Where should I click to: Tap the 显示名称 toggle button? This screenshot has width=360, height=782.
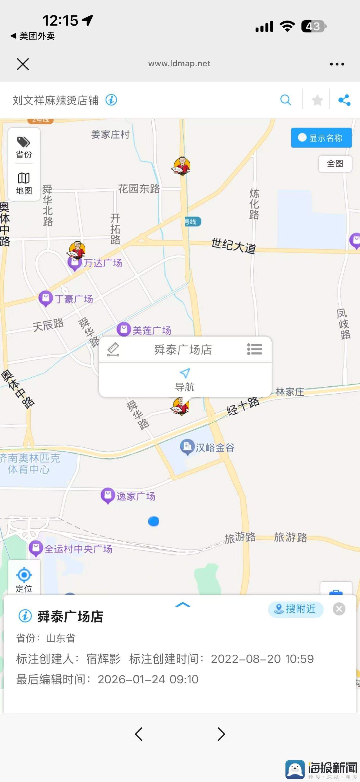click(x=321, y=138)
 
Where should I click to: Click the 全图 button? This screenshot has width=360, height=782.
click(x=335, y=164)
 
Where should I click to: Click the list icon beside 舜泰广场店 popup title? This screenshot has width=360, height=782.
click(x=254, y=349)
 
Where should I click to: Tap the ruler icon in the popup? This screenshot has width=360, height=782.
click(x=114, y=349)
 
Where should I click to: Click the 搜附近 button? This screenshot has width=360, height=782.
click(x=295, y=609)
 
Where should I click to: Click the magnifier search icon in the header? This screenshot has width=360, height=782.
click(x=285, y=100)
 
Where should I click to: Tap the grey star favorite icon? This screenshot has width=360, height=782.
click(x=317, y=100)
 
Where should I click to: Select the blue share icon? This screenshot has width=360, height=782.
click(x=344, y=100)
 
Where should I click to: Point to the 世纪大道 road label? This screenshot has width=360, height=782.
click(x=233, y=245)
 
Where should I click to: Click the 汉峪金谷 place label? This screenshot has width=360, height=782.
click(x=215, y=447)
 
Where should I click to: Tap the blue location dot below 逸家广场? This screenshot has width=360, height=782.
click(x=153, y=521)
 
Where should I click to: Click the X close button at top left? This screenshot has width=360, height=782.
click(x=23, y=64)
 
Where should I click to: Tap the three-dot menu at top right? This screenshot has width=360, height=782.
click(x=337, y=64)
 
